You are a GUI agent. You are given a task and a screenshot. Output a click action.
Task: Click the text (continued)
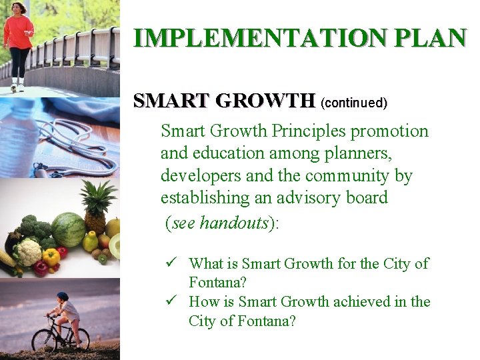tap(353, 103)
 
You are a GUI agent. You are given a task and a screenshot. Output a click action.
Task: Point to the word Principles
tap(306, 131)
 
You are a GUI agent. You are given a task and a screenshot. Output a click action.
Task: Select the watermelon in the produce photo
tap(68, 229)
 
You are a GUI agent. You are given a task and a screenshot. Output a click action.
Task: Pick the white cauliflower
tap(28, 252)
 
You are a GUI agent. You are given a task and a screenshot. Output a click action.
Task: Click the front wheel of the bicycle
tap(44, 339)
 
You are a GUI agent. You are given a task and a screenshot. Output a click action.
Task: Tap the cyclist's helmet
tap(63, 296)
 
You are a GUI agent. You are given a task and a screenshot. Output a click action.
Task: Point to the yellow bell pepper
tap(51, 257)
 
